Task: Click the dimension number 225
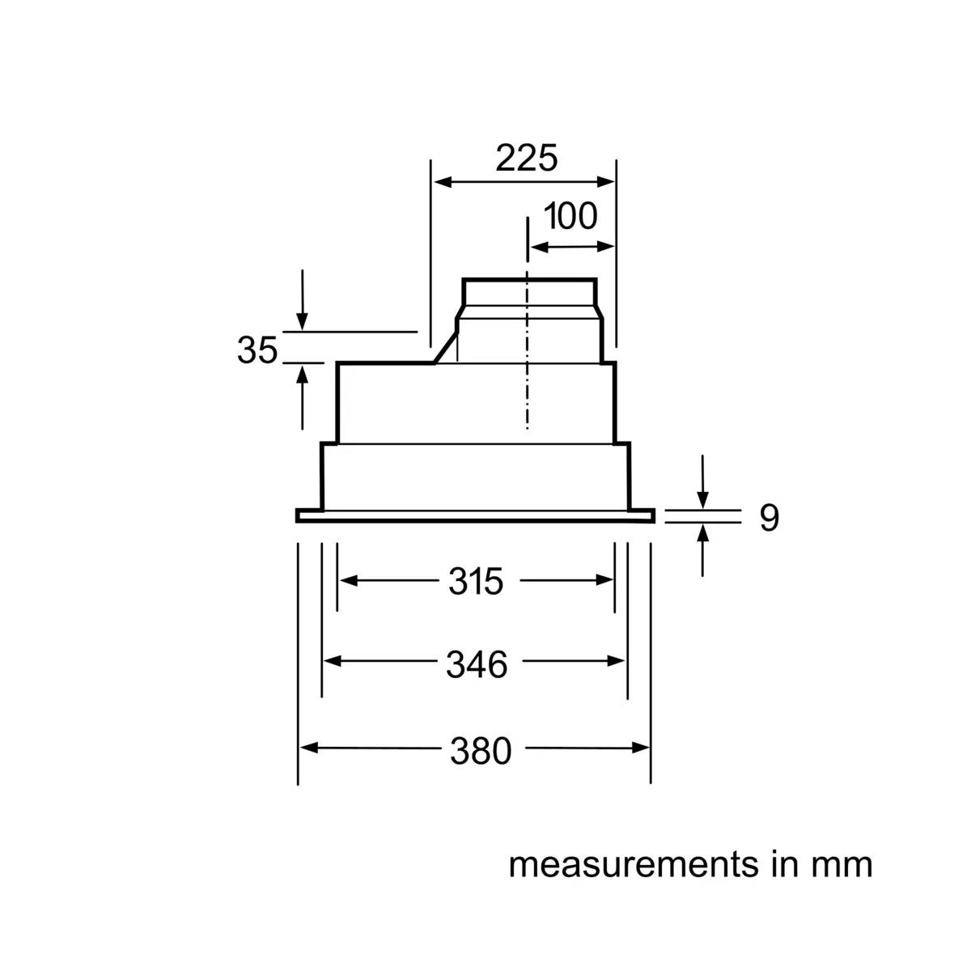pos(526,159)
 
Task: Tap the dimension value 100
pos(570,216)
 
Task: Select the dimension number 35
pos(257,350)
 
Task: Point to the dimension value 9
pos(769,517)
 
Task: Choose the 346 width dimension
pos(477,664)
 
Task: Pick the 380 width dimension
pos(480,751)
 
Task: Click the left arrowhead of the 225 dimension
pos(443,182)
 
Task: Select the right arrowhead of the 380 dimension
pos(640,748)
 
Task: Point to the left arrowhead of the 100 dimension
pos(540,248)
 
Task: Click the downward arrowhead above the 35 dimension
pos(302,321)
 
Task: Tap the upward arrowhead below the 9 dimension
pos(703,533)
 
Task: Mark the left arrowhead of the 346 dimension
pos(332,660)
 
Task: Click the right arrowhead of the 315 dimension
pos(604,580)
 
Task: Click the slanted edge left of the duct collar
pos(445,348)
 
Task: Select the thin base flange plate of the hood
pos(475,515)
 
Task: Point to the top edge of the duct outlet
pos(529,280)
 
